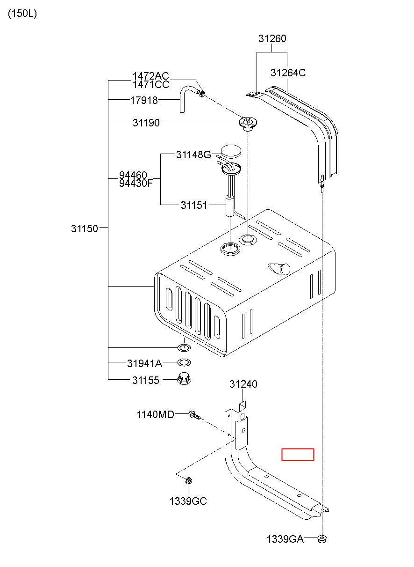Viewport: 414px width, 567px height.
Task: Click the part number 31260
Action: tap(272, 39)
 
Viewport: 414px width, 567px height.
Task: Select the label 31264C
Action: tap(288, 73)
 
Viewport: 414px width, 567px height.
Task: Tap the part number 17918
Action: tap(144, 100)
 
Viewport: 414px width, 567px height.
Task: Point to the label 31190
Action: tap(146, 123)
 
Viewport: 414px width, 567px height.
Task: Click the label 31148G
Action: tap(193, 154)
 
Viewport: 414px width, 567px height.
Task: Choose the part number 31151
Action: tap(194, 205)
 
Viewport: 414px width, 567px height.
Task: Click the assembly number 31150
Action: tap(85, 228)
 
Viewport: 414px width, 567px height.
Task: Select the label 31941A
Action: tap(144, 363)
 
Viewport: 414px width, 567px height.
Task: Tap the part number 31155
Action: tap(145, 380)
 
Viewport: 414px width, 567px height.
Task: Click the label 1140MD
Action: tap(155, 414)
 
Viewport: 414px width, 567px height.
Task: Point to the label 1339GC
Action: tap(188, 501)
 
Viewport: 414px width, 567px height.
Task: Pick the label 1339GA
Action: tap(285, 539)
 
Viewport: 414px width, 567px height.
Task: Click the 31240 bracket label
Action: tap(243, 384)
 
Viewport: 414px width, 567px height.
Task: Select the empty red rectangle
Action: tap(298, 455)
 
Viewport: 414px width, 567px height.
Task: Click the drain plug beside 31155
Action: tap(184, 378)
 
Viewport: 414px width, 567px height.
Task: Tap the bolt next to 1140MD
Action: tap(194, 415)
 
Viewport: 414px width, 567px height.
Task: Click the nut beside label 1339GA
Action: tap(322, 539)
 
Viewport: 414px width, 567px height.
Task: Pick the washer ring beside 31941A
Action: tap(184, 362)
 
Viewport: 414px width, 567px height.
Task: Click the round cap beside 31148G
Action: tap(231, 151)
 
